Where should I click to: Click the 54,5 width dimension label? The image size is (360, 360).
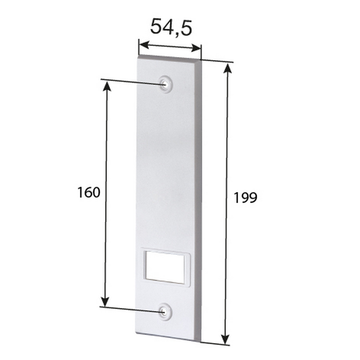point(171,27)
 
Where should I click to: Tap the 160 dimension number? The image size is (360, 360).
point(88,192)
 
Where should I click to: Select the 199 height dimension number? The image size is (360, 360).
point(245,197)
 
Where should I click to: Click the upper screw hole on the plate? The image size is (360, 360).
point(165,84)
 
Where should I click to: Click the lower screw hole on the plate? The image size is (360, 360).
point(165,311)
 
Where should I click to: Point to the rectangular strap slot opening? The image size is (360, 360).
point(165,267)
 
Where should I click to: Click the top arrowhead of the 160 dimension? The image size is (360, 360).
point(107,86)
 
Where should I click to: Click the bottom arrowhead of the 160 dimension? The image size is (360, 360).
point(105,301)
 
